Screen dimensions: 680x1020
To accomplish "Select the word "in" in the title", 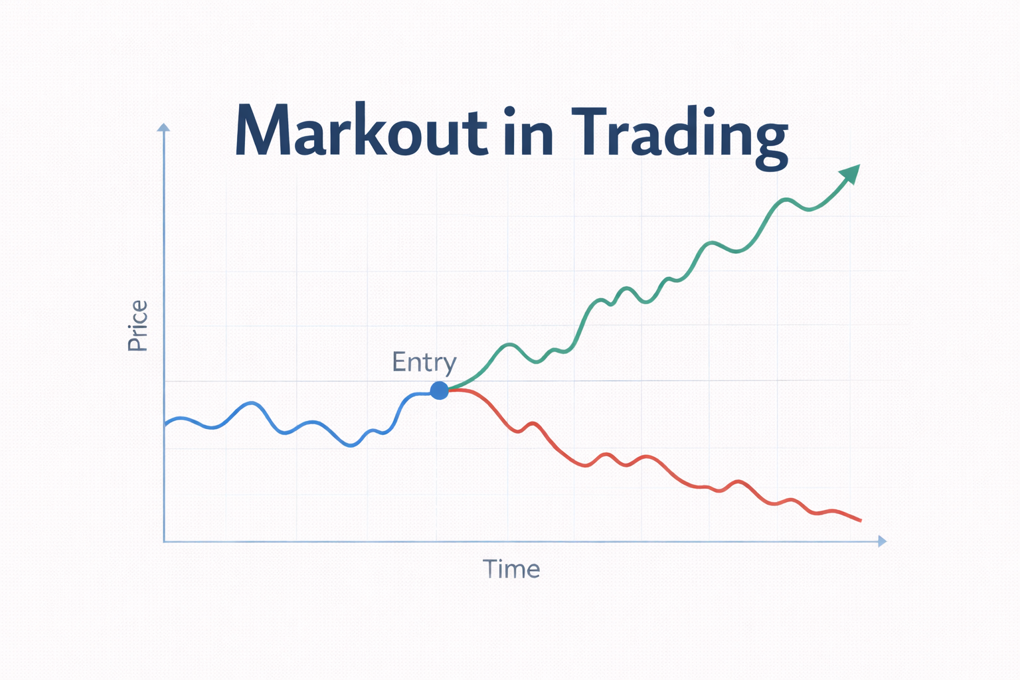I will [x=528, y=132].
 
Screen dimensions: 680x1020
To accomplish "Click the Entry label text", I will [x=424, y=363].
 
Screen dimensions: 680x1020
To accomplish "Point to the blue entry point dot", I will [x=439, y=390].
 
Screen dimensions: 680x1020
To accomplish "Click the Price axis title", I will [x=137, y=325].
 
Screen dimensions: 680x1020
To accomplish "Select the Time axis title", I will [x=511, y=569].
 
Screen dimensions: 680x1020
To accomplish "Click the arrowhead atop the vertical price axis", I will [x=163, y=127].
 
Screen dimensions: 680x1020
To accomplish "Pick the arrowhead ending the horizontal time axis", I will [x=882, y=541].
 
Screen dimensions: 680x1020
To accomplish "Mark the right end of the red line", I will [x=861, y=521].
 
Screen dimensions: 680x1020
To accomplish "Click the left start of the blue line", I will [x=165, y=423].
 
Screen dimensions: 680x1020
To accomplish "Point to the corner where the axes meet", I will [x=164, y=541].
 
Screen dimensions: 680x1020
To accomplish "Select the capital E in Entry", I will [x=399, y=361].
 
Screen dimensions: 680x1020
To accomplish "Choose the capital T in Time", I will [x=490, y=568].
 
